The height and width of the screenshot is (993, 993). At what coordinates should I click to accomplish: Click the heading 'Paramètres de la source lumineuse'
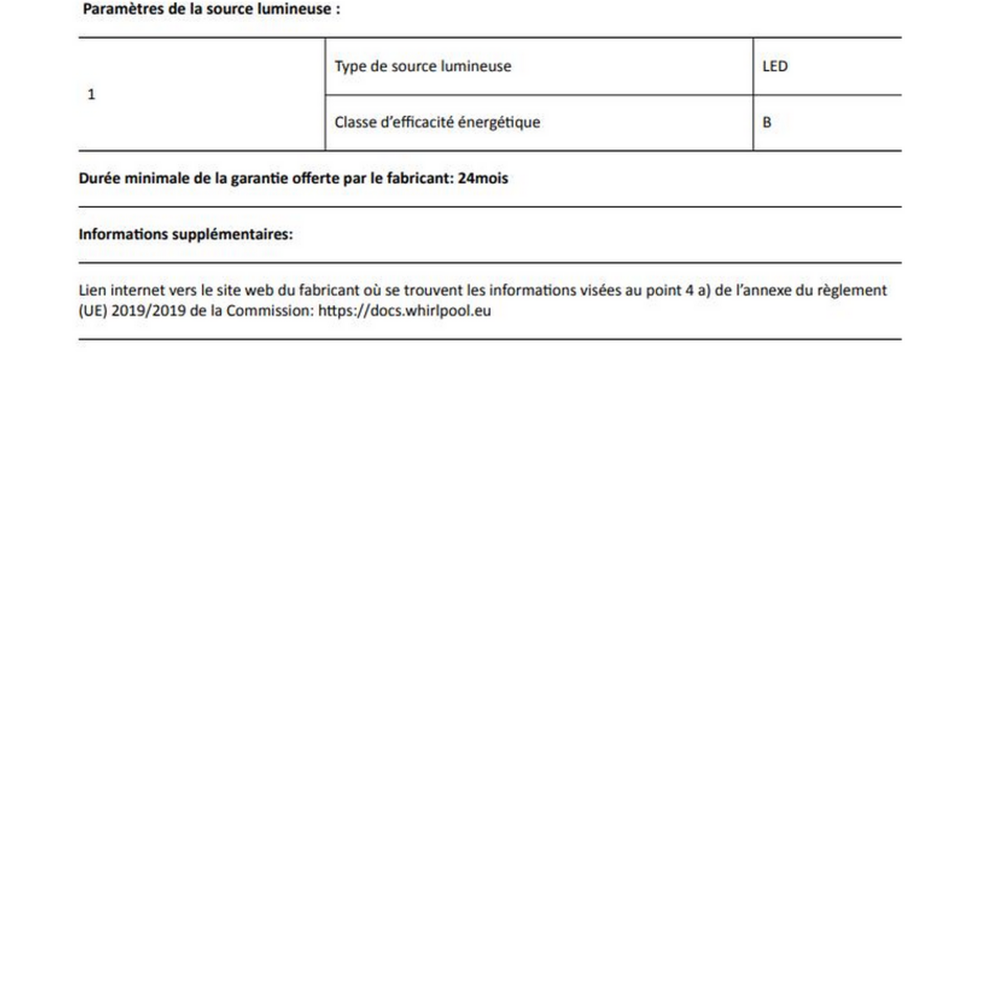click(x=211, y=10)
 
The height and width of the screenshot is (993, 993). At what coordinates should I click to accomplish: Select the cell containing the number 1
click(x=91, y=94)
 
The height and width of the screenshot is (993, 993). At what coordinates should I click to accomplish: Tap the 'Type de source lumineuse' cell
click(x=423, y=66)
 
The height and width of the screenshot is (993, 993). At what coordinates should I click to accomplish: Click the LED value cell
click(x=775, y=66)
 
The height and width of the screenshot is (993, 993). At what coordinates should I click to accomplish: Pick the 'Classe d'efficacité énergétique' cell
click(x=437, y=122)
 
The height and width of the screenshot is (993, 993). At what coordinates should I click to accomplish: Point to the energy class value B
click(x=767, y=122)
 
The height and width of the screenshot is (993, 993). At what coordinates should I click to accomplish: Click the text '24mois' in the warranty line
click(x=482, y=178)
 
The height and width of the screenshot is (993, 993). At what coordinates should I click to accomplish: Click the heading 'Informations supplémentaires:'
click(x=185, y=234)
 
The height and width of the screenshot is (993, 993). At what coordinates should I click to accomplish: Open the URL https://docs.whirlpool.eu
click(x=405, y=311)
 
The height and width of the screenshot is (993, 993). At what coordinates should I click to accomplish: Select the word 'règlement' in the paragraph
click(x=852, y=290)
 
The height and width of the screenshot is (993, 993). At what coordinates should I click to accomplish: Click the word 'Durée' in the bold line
click(x=99, y=178)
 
